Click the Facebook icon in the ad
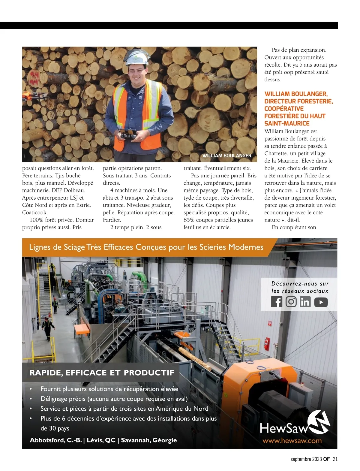click(277, 302)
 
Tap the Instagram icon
click(291, 302)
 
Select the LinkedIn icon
click(305, 302)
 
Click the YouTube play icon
click(321, 302)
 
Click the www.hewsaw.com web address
click(292, 441)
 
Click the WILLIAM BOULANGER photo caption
click(227, 155)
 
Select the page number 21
click(335, 459)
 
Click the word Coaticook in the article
click(35, 213)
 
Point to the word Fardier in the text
click(112, 220)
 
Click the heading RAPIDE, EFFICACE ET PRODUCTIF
click(102, 373)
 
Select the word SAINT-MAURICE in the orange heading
click(287, 123)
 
